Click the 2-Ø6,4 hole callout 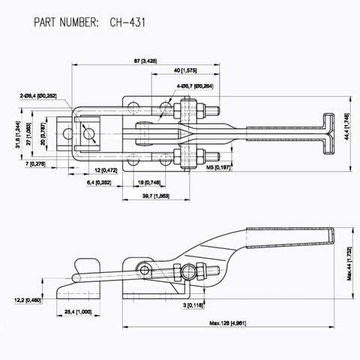click(44, 95)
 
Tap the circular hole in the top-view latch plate click(90, 134)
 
